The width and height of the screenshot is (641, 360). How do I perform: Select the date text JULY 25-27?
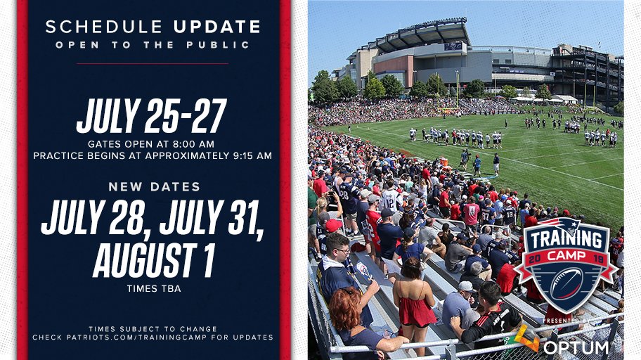click(152, 116)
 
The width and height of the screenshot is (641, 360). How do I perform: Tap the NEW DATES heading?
click(154, 187)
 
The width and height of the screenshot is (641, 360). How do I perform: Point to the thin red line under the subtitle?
click(153, 63)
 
